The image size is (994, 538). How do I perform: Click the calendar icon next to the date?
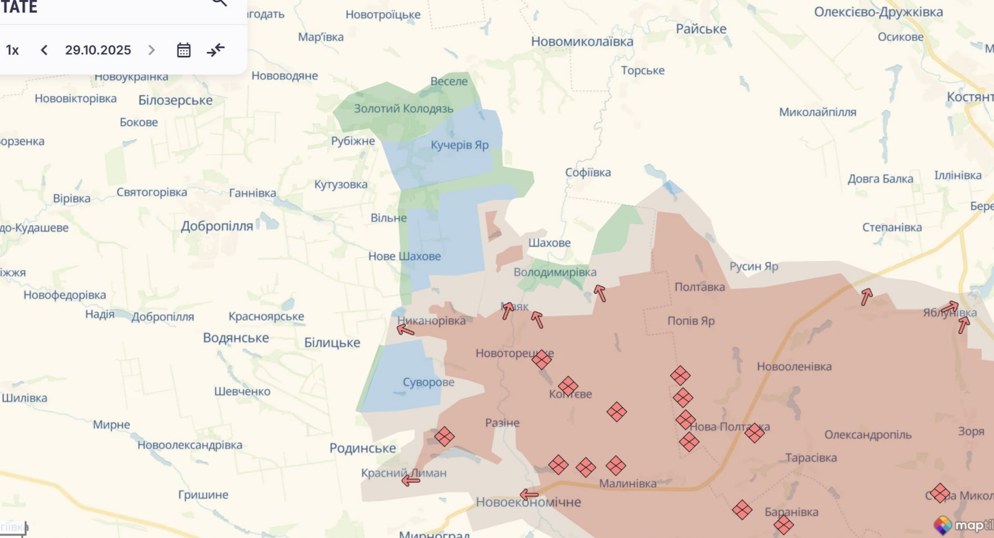coord(183,50)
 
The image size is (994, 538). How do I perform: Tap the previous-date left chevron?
coord(44,50)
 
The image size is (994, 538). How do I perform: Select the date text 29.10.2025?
coord(98,50)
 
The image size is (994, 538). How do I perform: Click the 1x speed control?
coord(12,50)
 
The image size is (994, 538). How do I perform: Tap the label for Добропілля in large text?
coord(216,226)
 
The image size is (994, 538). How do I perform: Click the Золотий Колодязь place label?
coord(403,109)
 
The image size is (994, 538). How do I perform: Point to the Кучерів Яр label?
coord(459,145)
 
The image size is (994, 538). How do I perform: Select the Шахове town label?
coord(549,243)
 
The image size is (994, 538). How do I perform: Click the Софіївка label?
coord(588,173)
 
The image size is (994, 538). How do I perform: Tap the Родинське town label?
coord(362,448)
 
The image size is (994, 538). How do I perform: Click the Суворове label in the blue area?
coord(428,382)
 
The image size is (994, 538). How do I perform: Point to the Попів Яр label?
coord(691,321)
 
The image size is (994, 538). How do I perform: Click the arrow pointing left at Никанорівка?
coord(405,330)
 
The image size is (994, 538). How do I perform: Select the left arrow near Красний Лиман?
coord(410,481)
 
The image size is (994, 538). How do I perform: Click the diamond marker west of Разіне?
coord(444,436)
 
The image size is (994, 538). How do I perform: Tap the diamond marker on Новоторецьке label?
coord(542,360)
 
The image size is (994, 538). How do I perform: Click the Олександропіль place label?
coord(868,435)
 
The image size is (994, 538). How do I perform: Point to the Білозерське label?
coord(175,100)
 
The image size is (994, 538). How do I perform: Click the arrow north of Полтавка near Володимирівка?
coord(600,293)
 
